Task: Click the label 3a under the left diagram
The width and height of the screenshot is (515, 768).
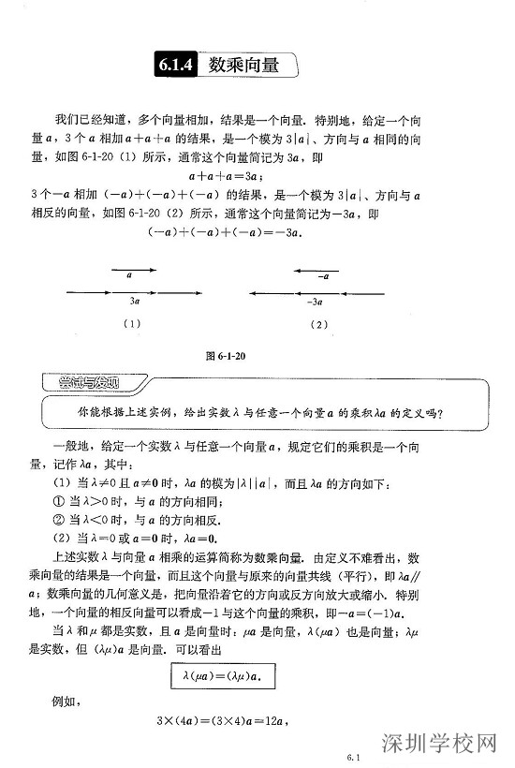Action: pos(135,302)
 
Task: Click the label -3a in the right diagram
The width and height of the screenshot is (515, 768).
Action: pos(315,302)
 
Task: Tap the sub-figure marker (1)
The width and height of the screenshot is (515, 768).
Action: pos(131,325)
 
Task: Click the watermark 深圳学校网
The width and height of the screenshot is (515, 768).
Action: pos(437,746)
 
